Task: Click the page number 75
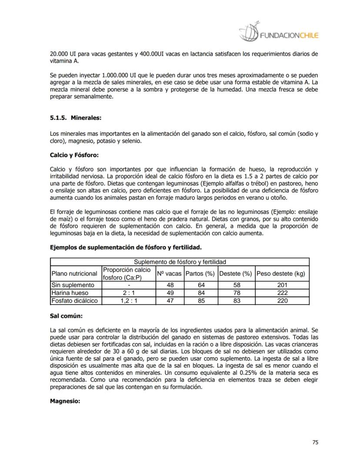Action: (315, 443)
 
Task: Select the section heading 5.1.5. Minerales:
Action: (76, 117)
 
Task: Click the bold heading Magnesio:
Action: (65, 401)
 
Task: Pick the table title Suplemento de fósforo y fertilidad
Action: (180, 262)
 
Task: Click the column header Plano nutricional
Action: (74, 274)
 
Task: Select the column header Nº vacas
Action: (169, 274)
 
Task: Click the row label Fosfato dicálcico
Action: (74, 301)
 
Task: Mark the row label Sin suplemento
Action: (73, 285)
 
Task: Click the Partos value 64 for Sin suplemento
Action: (201, 285)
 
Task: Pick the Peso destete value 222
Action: (282, 293)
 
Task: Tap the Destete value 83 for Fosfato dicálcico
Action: (236, 301)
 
